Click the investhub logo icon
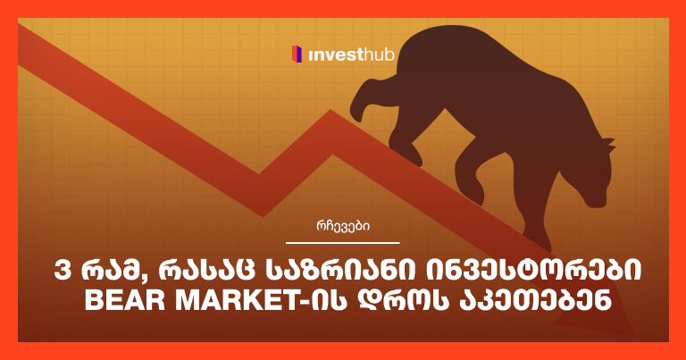pos(296,55)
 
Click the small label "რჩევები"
pos(343,227)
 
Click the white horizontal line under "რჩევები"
pos(343,242)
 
